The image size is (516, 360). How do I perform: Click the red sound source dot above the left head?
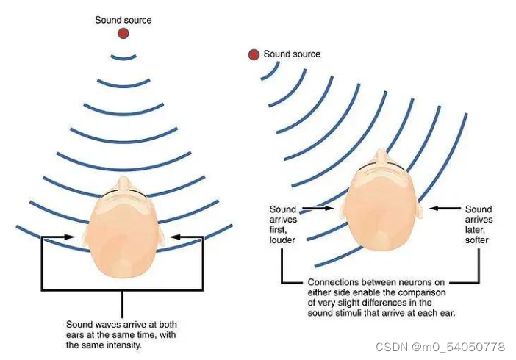click(x=123, y=33)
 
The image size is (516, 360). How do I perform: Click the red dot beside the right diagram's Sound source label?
click(x=254, y=54)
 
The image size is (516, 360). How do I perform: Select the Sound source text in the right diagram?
click(x=292, y=54)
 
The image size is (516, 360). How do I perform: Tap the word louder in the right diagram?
click(x=282, y=240)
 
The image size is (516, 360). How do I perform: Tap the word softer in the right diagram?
click(x=478, y=240)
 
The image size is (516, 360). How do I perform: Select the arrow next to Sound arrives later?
click(x=445, y=210)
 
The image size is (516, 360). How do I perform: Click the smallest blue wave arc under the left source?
click(x=123, y=57)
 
